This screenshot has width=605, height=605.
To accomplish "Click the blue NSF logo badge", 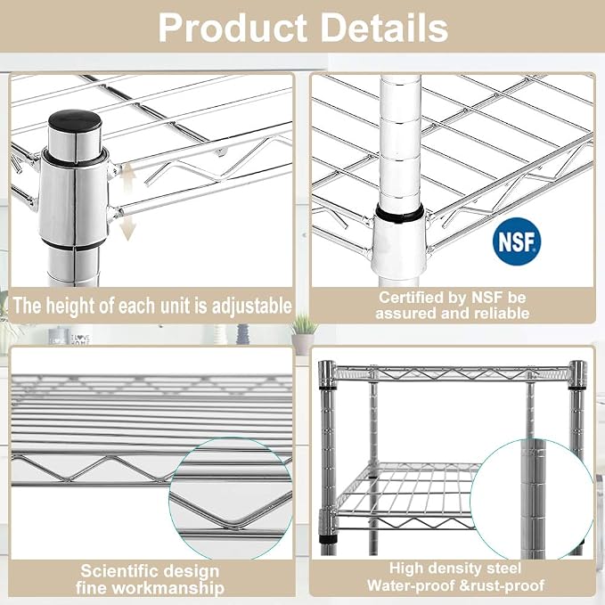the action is [x=517, y=241].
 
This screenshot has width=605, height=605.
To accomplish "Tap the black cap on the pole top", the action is [x=75, y=120].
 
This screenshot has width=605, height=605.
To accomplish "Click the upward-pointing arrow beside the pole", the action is [x=128, y=177].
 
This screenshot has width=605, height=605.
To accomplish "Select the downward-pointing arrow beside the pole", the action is [x=127, y=228].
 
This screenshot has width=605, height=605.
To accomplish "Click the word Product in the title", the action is [x=233, y=28].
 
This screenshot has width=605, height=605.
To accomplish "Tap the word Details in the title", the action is [x=384, y=28].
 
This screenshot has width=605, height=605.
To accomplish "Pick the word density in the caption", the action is [x=451, y=568].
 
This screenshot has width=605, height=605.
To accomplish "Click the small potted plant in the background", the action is [x=304, y=333].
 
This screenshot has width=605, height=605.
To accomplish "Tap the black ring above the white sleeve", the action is [x=400, y=213].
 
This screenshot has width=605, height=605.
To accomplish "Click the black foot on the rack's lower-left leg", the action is [x=329, y=539].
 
